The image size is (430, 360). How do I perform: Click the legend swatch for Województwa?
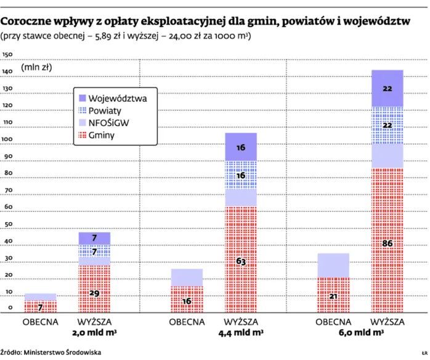[x=81, y=98]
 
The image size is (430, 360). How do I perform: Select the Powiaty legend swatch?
[x=81, y=110]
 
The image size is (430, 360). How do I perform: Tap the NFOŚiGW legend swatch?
[x=81, y=123]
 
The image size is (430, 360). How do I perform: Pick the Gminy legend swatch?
[x=81, y=135]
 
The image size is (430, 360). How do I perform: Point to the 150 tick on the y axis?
[x=8, y=55]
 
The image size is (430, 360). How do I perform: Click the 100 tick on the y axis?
[x=8, y=140]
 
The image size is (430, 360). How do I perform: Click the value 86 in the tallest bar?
[x=387, y=243]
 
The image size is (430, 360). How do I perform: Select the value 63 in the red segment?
[x=241, y=261]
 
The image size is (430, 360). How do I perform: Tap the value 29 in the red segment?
[x=94, y=293]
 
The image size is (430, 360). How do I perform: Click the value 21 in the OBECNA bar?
[x=333, y=297]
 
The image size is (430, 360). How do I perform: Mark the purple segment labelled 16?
[x=241, y=147]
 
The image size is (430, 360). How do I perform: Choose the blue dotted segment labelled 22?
[x=387, y=125]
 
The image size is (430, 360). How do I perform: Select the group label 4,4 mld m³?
[x=241, y=333]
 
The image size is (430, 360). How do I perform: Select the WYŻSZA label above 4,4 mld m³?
[x=241, y=322]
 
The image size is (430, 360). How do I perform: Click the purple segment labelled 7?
[x=94, y=238]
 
